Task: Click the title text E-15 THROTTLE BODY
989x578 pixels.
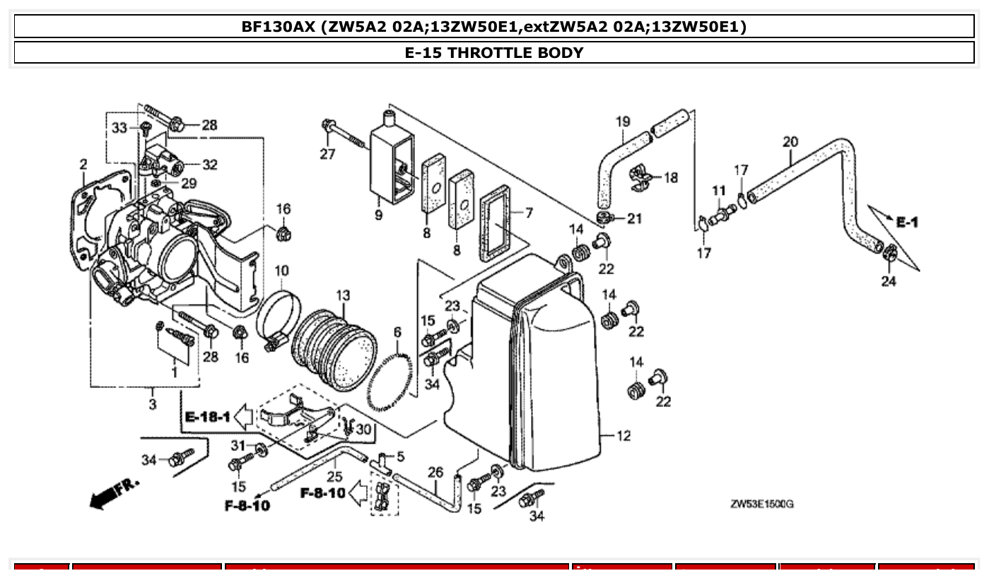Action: click(494, 53)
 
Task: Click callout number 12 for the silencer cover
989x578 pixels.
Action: click(623, 436)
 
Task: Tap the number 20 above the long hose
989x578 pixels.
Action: click(790, 142)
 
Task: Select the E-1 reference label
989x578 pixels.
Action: click(907, 223)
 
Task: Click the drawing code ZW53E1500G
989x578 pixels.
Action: click(761, 504)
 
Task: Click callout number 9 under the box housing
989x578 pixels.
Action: click(379, 214)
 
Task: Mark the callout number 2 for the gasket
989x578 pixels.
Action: click(83, 165)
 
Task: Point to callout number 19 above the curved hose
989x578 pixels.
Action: click(622, 122)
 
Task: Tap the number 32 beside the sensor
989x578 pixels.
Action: click(209, 165)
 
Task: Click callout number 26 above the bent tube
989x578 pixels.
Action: click(435, 471)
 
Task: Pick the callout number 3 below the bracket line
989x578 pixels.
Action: click(153, 404)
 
